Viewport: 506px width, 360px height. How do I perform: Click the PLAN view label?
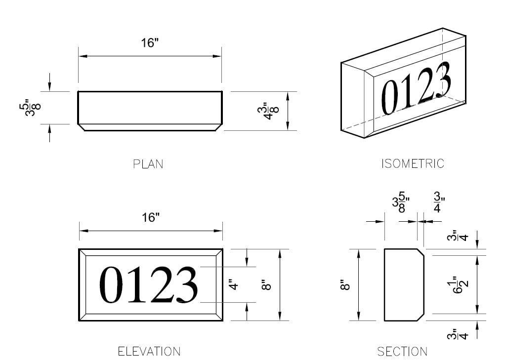[x=148, y=164]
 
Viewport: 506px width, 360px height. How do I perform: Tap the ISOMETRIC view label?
[x=413, y=163]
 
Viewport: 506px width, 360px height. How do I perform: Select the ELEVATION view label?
[x=149, y=352]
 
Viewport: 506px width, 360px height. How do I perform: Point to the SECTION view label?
[x=402, y=352]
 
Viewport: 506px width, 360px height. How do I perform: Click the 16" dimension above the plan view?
[x=149, y=42]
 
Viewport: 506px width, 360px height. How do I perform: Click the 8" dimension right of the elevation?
[x=267, y=285]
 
